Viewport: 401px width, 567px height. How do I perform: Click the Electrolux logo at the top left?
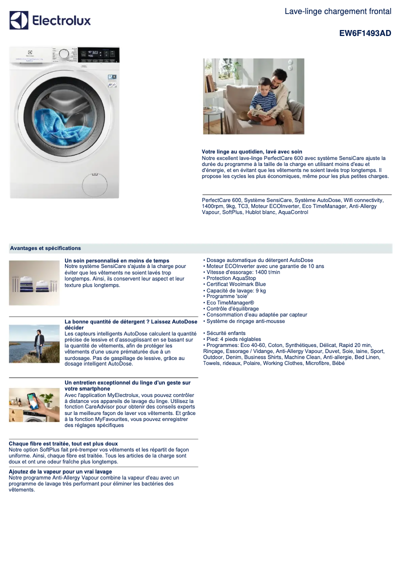[x=50, y=20]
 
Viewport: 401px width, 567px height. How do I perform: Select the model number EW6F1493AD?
[x=365, y=33]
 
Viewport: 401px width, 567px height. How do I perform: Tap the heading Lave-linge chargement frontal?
[x=337, y=11]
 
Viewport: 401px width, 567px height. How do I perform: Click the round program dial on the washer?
[x=64, y=53]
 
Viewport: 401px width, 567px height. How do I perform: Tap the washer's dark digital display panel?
[x=95, y=54]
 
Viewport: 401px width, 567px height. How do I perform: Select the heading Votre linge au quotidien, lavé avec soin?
[x=252, y=151]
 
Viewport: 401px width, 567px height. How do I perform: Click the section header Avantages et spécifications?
[x=45, y=248]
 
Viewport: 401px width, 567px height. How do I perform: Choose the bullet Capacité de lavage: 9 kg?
[x=236, y=290]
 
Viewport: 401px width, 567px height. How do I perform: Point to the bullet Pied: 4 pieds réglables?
[x=233, y=339]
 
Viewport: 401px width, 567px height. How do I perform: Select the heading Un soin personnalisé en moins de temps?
[x=117, y=260]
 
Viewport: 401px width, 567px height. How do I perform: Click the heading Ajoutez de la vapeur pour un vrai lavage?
[x=60, y=471]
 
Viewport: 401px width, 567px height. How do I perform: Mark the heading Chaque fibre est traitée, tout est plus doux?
[x=63, y=443]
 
